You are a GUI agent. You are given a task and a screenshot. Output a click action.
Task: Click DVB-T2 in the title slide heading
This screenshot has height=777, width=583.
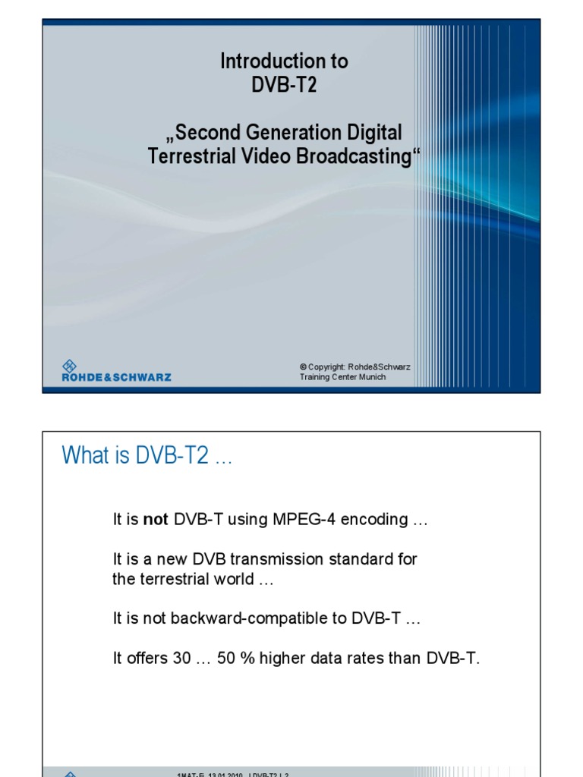[285, 85]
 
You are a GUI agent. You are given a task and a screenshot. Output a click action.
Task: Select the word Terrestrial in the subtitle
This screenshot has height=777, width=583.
[183, 157]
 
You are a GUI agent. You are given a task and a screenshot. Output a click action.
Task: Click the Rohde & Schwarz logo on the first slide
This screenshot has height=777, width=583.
[116, 371]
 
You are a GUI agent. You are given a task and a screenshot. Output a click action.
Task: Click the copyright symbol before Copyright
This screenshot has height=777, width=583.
[303, 367]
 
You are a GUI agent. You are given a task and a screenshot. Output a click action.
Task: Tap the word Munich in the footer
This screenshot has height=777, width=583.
[369, 377]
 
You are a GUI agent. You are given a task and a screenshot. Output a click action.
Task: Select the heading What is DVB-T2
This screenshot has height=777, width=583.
[146, 455]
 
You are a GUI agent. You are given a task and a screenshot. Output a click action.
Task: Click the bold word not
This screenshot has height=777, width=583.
[156, 520]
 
